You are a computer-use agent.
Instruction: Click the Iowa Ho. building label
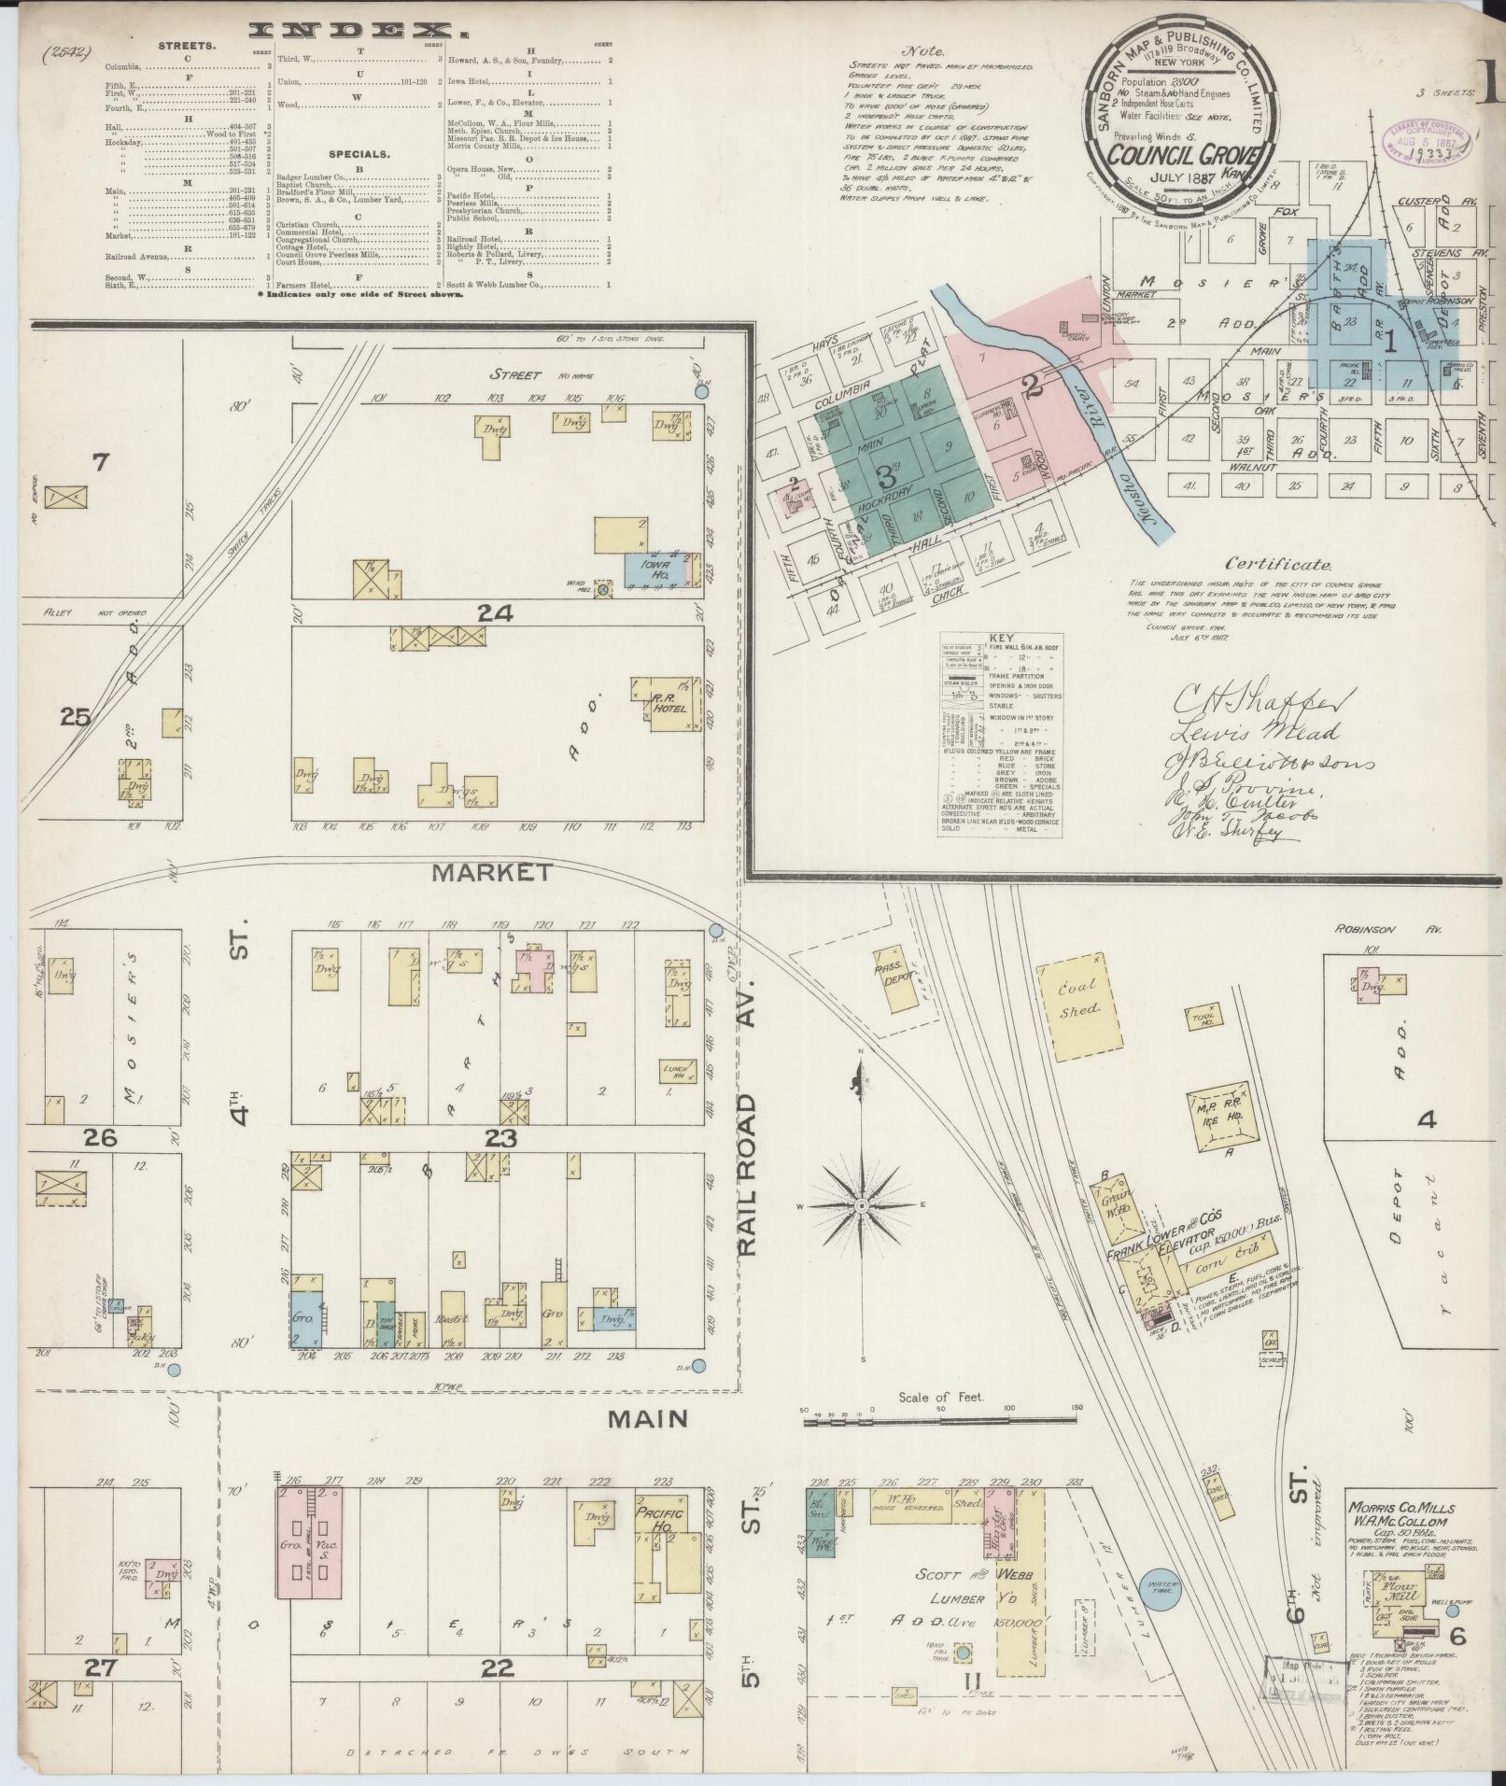(x=666, y=570)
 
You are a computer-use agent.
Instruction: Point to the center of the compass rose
(x=861, y=1206)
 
